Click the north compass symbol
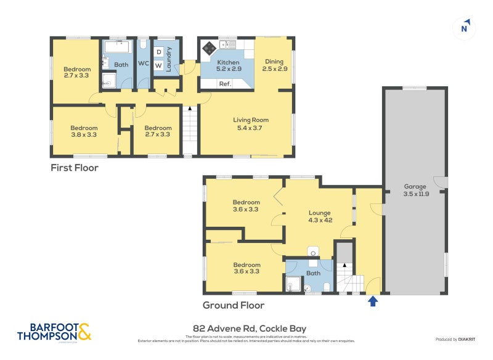pos(465,28)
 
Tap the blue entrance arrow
pos(372,301)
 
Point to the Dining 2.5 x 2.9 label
pos(274,65)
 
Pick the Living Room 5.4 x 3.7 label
pos(250,124)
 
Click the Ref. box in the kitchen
pos(226,84)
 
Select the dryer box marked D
pos(158,52)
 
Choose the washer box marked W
pos(158,65)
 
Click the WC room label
pos(143,63)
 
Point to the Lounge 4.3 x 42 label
pos(320,216)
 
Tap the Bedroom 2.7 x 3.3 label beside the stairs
pos(157,131)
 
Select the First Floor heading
pos(74,168)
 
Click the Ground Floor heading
pos(234,305)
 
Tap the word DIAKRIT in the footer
pos(466,340)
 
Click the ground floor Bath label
pos(314,273)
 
